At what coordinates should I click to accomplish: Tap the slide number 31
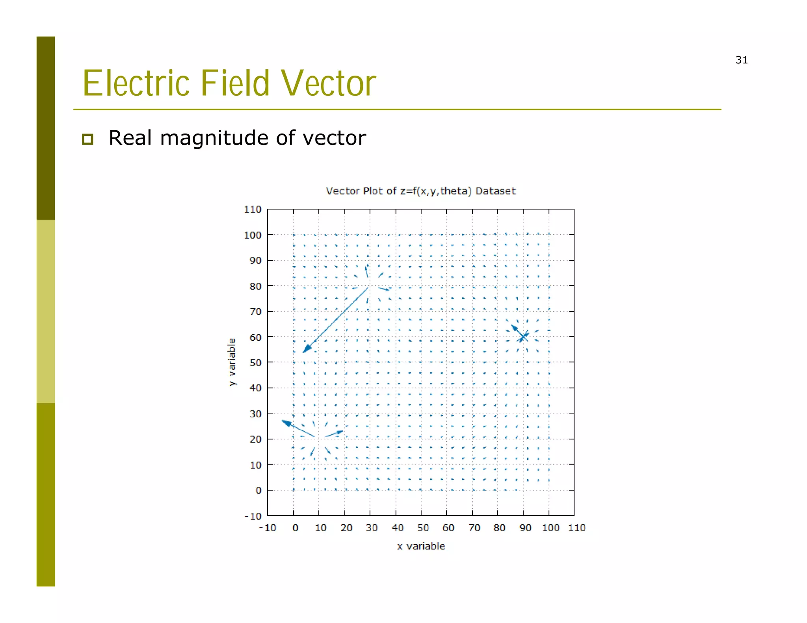741,60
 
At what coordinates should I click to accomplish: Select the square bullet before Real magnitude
87,139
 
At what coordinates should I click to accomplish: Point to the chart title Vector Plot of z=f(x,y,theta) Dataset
420,191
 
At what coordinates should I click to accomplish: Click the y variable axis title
232,362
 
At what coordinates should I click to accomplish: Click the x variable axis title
421,546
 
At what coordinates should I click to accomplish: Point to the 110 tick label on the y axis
253,210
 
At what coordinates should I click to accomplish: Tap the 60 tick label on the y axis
255,337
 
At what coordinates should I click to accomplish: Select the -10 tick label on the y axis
253,516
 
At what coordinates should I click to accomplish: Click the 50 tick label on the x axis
423,528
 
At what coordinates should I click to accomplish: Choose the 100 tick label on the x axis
550,528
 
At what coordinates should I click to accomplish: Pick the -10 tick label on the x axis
268,528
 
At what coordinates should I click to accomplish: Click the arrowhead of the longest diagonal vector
306,349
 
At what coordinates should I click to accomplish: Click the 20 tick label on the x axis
346,528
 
